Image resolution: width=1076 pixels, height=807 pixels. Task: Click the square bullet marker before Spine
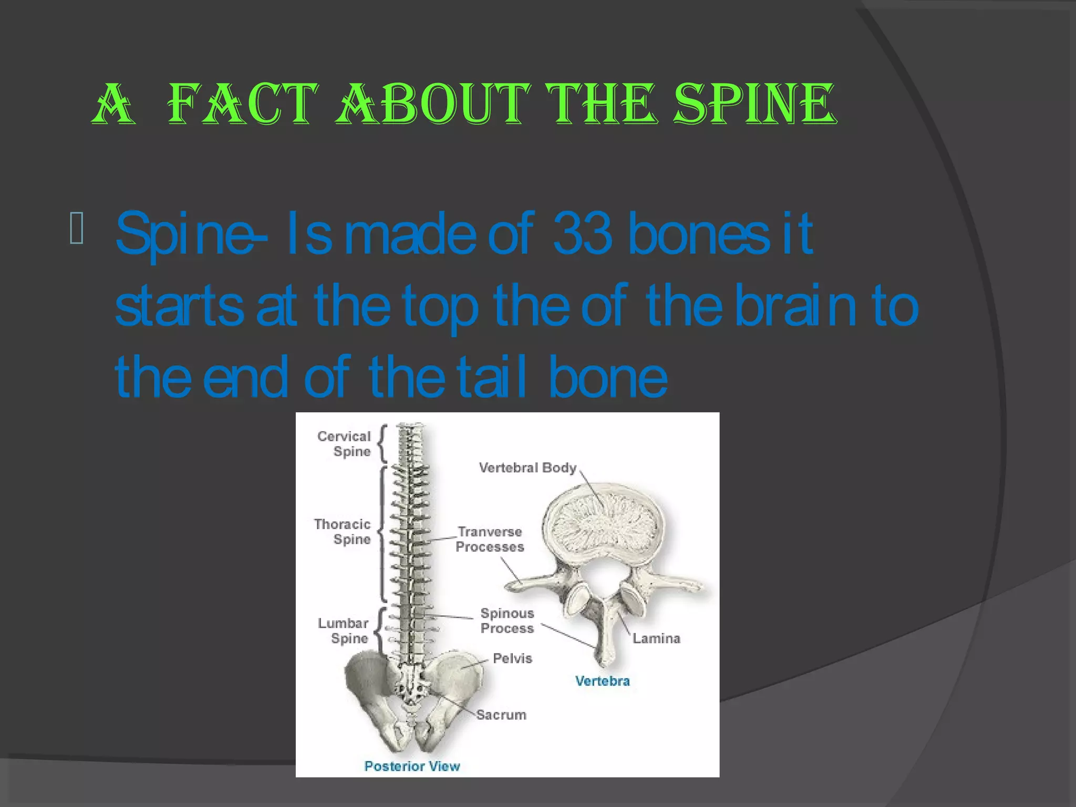coord(76,228)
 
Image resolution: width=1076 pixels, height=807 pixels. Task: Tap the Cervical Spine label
coord(344,444)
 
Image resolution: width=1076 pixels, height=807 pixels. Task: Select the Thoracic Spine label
coord(343,532)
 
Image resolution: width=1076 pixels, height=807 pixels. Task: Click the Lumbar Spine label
coord(343,630)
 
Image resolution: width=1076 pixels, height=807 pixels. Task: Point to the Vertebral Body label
coord(527,468)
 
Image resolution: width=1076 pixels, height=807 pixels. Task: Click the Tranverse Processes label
coord(490,540)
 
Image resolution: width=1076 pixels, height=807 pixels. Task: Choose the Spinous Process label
coord(507,620)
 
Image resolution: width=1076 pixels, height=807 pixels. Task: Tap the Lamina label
coord(656,638)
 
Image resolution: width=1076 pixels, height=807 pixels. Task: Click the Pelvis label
coord(512,658)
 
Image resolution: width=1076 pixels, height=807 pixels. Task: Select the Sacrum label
coord(501,715)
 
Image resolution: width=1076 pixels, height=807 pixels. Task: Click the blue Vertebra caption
coord(602,681)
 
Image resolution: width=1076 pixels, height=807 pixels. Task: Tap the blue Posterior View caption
coord(412,766)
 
